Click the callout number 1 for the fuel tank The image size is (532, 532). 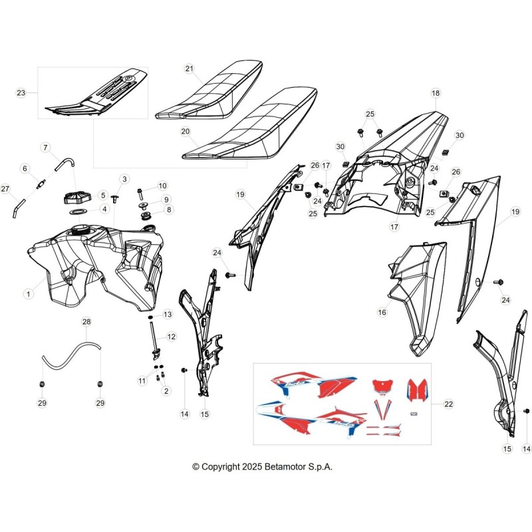click(x=29, y=293)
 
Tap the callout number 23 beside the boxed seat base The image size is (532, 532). click(x=21, y=92)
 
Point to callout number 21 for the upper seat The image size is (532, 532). click(x=190, y=68)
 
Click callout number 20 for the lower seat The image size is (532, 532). click(x=186, y=131)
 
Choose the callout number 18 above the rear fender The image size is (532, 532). click(x=436, y=93)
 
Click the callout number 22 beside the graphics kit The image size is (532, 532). click(x=448, y=404)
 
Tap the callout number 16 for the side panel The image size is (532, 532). click(x=382, y=312)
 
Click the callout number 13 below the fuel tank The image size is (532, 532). click(x=168, y=315)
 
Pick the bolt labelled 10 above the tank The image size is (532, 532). click(x=140, y=194)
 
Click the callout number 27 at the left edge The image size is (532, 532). click(x=5, y=189)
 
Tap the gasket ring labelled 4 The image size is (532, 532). click(x=78, y=212)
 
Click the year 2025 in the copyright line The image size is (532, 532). click(x=252, y=467)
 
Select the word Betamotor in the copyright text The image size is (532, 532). click(x=285, y=467)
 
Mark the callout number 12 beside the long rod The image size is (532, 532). click(x=172, y=336)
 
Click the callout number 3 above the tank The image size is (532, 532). click(x=124, y=179)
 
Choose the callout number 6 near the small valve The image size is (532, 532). click(x=25, y=168)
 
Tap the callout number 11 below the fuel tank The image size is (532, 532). click(x=142, y=380)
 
